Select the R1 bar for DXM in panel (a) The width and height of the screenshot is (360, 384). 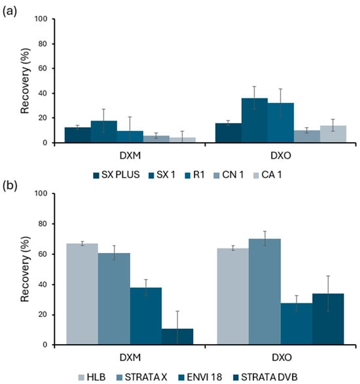(x=130, y=136)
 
